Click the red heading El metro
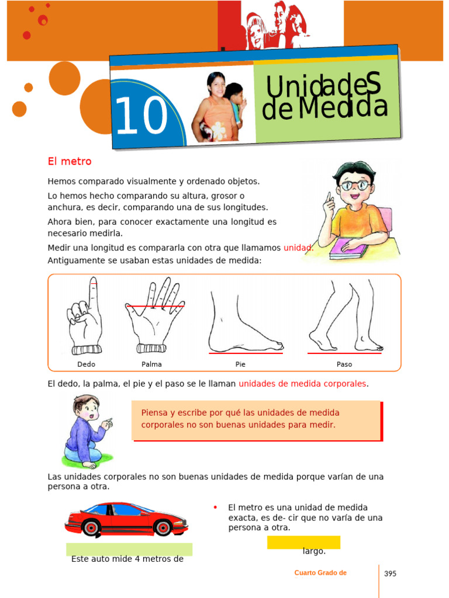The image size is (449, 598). coord(70,161)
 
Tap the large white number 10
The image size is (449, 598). coord(141,115)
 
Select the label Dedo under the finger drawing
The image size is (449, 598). coord(87,364)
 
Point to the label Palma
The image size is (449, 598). coord(151,364)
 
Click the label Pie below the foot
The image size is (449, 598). coord(240,364)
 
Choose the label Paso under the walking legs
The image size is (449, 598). coord(344,364)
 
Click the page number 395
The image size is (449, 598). coord(390,573)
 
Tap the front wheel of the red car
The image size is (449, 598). coord(163,527)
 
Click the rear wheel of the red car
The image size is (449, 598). coord(91,528)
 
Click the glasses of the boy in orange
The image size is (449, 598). coord(355,186)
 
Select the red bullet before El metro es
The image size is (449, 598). coord(215,507)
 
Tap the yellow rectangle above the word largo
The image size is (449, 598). coord(303,543)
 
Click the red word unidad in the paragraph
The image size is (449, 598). coord(298,248)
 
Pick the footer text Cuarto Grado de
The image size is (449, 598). coord(320,573)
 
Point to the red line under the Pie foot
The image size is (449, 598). coord(246,353)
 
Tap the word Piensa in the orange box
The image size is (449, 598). coord(154,413)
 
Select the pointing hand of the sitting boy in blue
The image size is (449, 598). coord(108,423)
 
